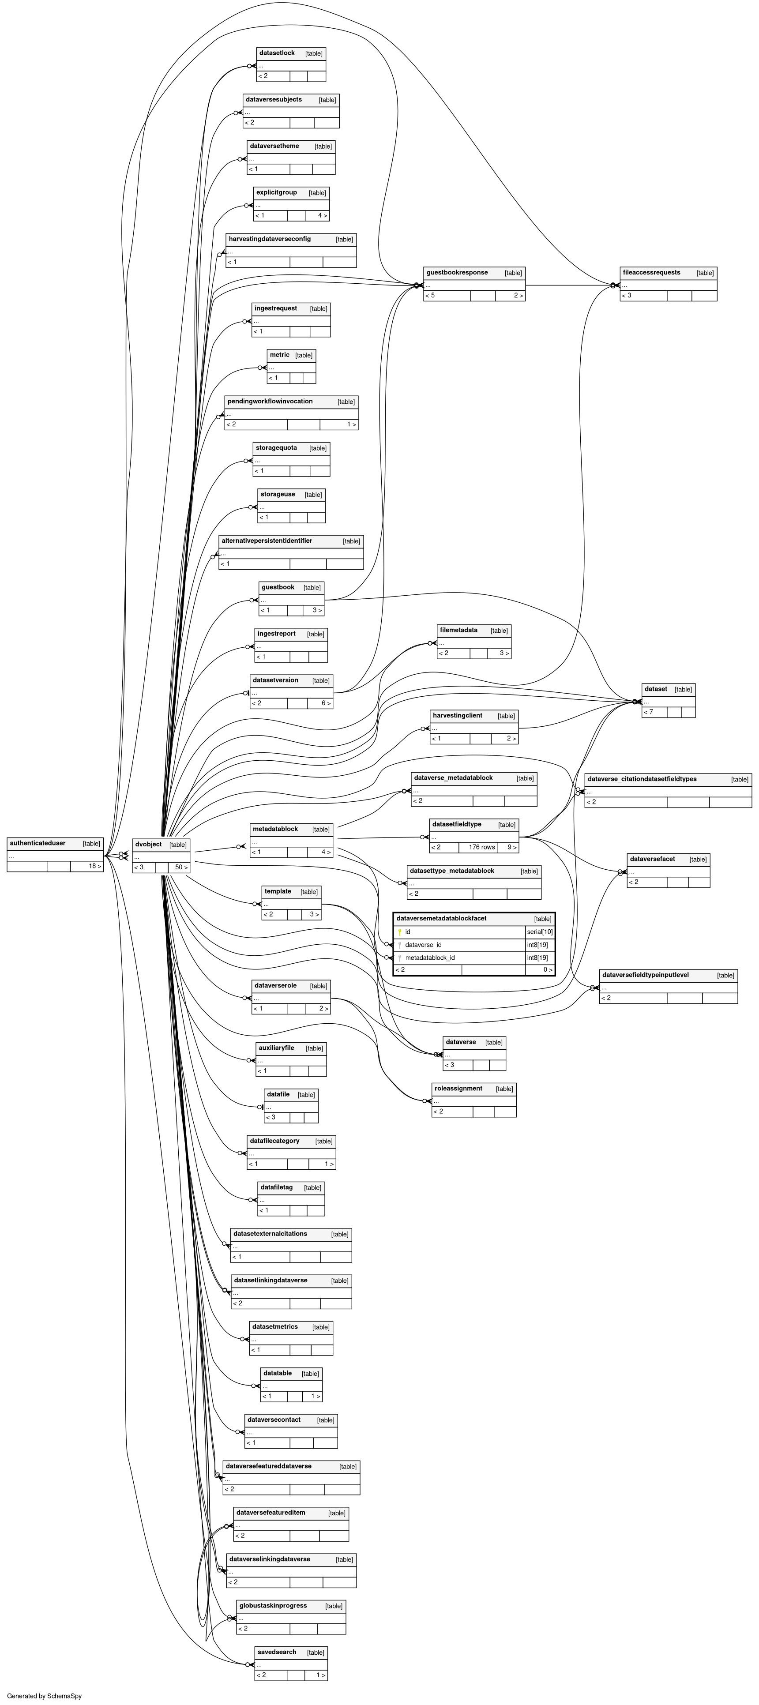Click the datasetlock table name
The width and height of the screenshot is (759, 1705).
(x=277, y=53)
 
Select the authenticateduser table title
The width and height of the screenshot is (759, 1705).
(x=38, y=843)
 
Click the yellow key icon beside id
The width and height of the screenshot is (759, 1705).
(x=400, y=932)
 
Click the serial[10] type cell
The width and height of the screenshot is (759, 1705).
(x=539, y=932)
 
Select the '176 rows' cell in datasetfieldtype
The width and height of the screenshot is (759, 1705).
(x=482, y=847)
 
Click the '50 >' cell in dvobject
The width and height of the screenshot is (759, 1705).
(x=180, y=867)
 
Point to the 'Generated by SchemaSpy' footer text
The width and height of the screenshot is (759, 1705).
(x=44, y=1696)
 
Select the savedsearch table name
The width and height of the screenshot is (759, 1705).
(x=277, y=1652)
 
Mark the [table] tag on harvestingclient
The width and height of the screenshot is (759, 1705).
(x=506, y=716)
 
